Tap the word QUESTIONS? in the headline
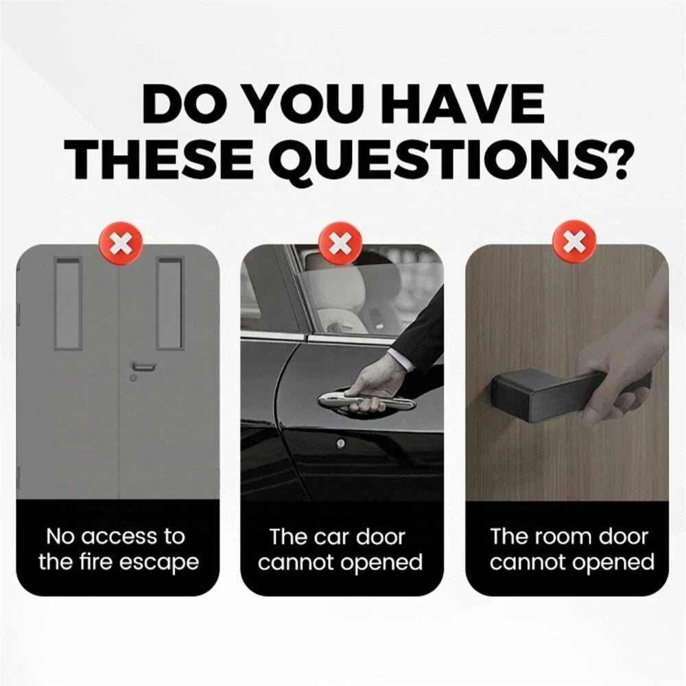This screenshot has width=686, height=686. tap(450, 161)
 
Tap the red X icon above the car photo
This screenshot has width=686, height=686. tap(341, 244)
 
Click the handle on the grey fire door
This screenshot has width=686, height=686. tap(143, 366)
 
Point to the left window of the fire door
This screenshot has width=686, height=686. tap(68, 304)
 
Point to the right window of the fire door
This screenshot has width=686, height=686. tap(169, 304)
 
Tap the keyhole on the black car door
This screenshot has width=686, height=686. tap(341, 444)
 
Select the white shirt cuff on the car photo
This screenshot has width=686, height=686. tap(401, 360)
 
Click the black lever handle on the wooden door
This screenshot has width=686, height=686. tap(569, 392)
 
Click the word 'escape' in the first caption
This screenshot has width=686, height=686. tap(158, 564)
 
